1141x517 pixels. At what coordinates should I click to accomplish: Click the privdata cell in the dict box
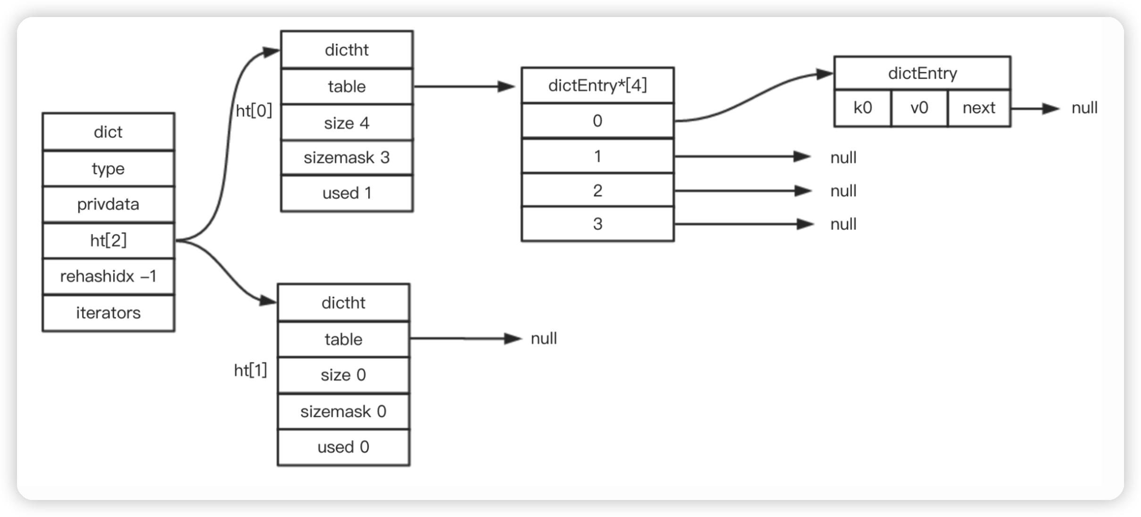(108, 204)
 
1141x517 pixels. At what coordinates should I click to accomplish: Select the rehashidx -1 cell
(108, 276)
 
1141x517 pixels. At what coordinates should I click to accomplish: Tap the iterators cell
(108, 313)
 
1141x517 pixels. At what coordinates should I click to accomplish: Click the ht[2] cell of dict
(108, 241)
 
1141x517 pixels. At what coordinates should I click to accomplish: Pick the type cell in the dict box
(108, 168)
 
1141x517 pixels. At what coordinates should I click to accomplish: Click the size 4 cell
(347, 123)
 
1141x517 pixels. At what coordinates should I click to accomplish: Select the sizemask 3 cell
(347, 158)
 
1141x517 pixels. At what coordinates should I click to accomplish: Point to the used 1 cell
(347, 193)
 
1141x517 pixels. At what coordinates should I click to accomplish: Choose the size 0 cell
(343, 375)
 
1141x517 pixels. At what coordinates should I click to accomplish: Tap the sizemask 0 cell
(343, 411)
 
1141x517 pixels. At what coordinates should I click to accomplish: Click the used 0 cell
(343, 447)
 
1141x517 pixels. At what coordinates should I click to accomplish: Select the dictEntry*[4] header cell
(597, 85)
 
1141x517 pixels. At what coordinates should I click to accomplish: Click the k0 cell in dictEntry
(862, 108)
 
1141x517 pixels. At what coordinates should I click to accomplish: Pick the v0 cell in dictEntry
(919, 108)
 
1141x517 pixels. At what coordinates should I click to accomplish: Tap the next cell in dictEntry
(979, 108)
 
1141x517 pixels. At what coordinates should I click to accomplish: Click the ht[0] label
(254, 111)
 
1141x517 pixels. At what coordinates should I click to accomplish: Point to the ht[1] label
(250, 371)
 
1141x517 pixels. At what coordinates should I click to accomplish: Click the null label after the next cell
(1084, 108)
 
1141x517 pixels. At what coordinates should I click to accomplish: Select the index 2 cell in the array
(597, 191)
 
